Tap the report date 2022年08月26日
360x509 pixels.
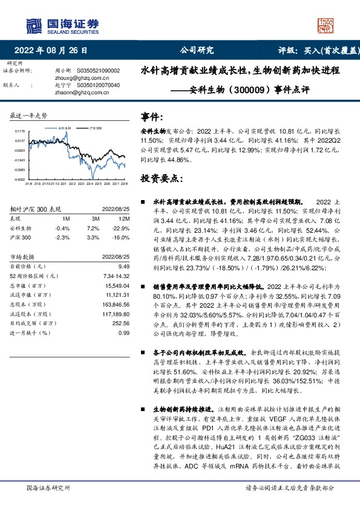point(55,51)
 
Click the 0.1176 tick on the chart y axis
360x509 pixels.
point(20,131)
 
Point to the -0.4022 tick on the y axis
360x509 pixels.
point(20,180)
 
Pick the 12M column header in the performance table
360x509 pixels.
point(125,218)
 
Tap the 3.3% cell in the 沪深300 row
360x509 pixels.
point(93,238)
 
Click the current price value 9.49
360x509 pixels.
point(125,266)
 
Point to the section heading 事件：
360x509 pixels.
point(152,116)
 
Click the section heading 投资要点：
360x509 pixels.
point(161,179)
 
